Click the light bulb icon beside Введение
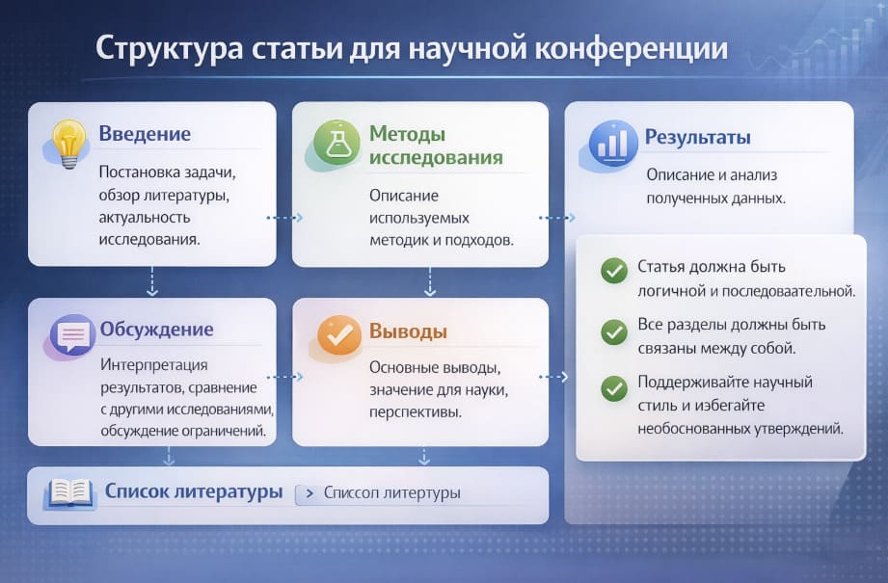coord(68,144)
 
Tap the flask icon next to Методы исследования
coord(336,145)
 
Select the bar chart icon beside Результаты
coord(611,145)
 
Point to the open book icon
coord(69,494)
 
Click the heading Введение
coord(145,134)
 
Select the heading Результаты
coord(698,137)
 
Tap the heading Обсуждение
coord(156,330)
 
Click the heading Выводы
coord(408,332)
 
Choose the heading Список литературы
coord(194,491)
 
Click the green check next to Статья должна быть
coord(613,272)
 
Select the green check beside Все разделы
coord(613,331)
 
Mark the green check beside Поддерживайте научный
coord(613,389)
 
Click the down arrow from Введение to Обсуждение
coord(151,281)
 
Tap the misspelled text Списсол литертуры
coord(391,493)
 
